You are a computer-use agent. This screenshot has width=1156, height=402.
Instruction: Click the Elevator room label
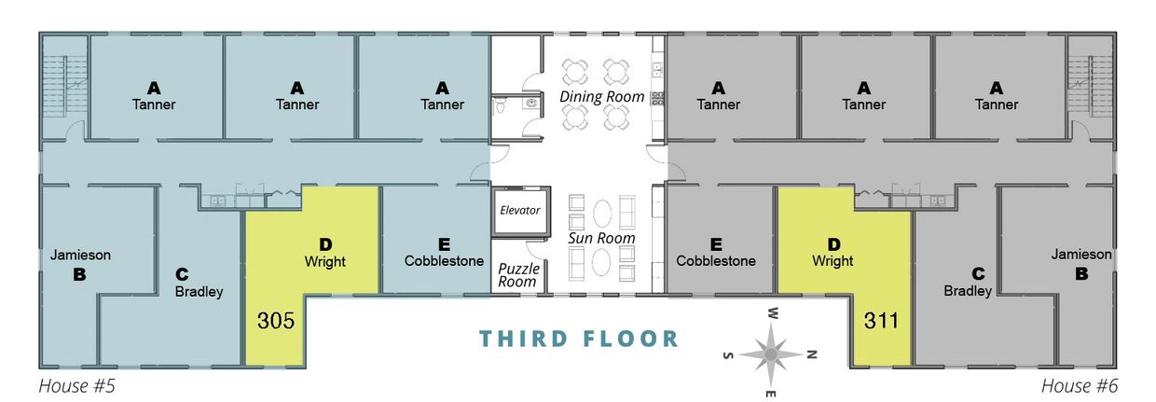[519, 210]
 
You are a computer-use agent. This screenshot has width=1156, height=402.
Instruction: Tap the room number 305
[276, 321]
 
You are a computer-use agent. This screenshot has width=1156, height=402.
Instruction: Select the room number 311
[882, 321]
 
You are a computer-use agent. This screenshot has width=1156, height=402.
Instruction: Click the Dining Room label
[601, 96]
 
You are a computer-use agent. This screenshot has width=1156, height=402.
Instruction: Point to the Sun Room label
[601, 238]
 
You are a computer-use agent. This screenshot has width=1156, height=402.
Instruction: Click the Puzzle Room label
[518, 275]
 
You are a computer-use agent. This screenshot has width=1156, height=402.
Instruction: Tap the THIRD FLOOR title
[579, 340]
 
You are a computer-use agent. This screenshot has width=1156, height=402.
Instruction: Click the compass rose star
[770, 354]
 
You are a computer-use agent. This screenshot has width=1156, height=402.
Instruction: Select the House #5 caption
[76, 386]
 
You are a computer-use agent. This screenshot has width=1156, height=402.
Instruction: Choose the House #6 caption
[1080, 386]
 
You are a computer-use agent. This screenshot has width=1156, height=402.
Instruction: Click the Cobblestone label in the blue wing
[444, 261]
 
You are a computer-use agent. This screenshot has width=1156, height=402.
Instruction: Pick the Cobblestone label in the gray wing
[716, 261]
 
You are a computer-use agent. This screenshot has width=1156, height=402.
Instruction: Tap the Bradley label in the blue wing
[199, 292]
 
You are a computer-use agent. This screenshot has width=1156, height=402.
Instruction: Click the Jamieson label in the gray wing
[1081, 255]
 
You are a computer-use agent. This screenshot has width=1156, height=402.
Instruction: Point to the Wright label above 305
[324, 262]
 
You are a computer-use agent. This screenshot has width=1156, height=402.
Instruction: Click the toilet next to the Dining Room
[499, 107]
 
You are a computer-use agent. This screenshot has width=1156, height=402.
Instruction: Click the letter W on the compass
[773, 313]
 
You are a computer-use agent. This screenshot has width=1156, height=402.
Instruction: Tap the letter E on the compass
[770, 395]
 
